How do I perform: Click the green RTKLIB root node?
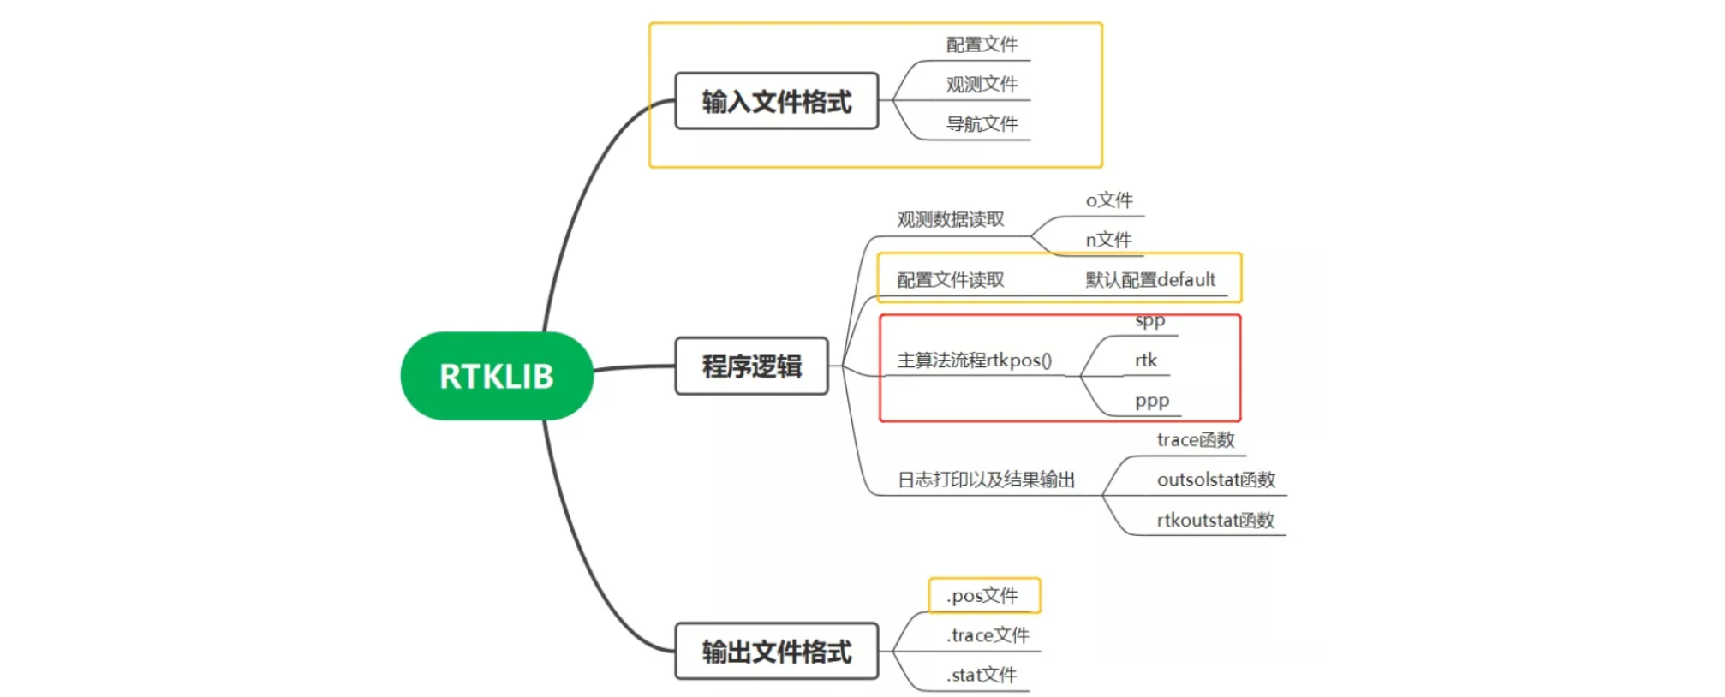tap(497, 376)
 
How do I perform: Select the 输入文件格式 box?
tap(776, 101)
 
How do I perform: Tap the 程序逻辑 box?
tap(751, 366)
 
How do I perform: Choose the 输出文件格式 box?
tap(776, 652)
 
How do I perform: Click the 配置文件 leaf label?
tap(982, 45)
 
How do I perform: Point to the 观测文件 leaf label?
tap(982, 84)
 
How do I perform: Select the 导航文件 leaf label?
tap(982, 124)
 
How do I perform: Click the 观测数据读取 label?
tap(950, 219)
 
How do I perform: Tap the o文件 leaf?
tap(1109, 200)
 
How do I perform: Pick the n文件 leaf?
tap(1108, 240)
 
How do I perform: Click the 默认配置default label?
tap(1150, 280)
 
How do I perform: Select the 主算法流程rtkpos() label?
tap(974, 360)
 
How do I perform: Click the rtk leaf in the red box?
tap(1146, 360)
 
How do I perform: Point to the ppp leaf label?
tap(1151, 401)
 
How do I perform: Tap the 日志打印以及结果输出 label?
tap(986, 480)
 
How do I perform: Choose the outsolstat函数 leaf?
tap(1215, 480)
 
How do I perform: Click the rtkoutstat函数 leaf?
tap(1215, 520)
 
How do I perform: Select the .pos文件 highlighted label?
tap(983, 595)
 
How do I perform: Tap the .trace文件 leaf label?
tap(988, 635)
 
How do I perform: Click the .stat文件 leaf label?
tap(982, 675)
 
